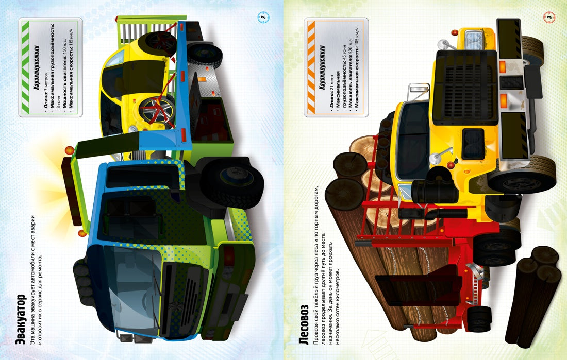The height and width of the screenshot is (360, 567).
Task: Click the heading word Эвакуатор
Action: coord(21,319)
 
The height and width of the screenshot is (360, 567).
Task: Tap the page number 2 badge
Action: coord(263,16)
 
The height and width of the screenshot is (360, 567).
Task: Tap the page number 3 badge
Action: coord(549,16)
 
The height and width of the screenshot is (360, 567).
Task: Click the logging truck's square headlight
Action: coord(474,40)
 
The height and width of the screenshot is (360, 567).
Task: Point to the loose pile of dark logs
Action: coord(533,295)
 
